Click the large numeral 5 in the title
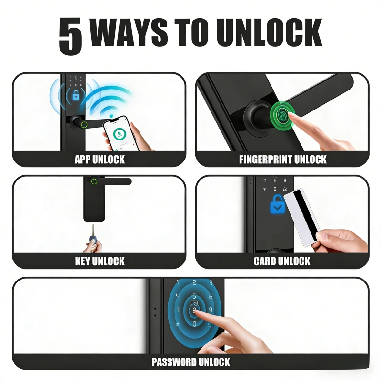click(70, 36)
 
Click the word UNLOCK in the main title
click(270, 32)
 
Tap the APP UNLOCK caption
click(100, 160)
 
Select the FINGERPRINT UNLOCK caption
click(282, 160)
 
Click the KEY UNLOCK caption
click(100, 261)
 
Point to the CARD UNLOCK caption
click(282, 261)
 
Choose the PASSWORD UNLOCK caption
click(191, 362)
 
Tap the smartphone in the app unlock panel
click(121, 133)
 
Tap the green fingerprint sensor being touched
click(282, 114)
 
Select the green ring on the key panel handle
click(94, 181)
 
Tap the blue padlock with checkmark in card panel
click(278, 204)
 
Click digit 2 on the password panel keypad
click(194, 282)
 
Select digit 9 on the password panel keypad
click(211, 310)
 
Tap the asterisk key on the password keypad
click(178, 324)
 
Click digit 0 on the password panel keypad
click(194, 324)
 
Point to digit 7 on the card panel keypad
click(265, 180)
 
